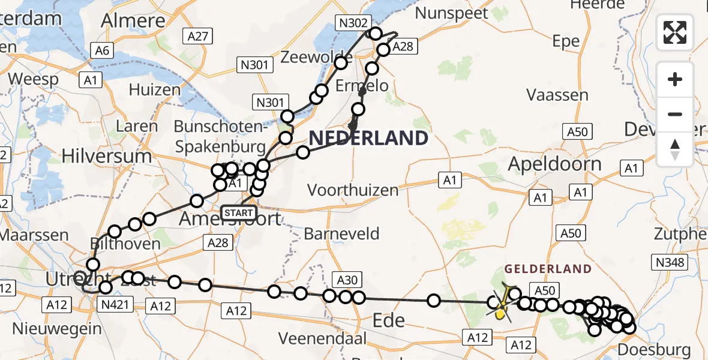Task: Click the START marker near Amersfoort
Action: [239, 212]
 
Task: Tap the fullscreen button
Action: [675, 32]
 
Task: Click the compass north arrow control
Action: [675, 149]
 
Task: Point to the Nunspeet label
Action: [454, 13]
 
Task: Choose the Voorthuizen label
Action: [353, 190]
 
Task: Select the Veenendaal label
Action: [323, 338]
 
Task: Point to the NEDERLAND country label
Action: [368, 139]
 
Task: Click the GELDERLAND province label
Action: [548, 269]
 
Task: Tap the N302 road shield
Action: [353, 23]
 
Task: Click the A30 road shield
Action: [347, 279]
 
